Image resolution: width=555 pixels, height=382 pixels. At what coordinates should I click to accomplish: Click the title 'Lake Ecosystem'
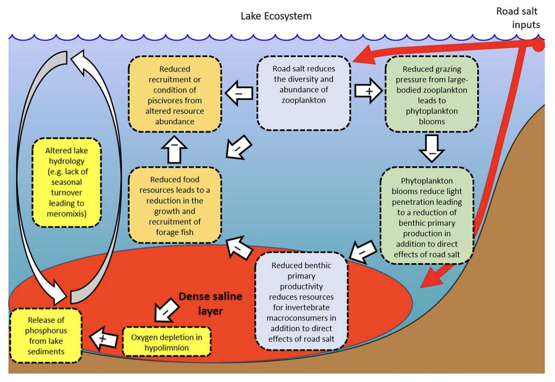[x=276, y=16]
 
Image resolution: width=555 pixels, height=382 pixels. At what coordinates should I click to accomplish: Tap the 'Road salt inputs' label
[x=518, y=18]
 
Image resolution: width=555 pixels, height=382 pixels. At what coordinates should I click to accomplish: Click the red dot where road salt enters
[x=538, y=46]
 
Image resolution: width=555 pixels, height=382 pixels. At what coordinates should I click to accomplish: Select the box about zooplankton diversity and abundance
[x=303, y=93]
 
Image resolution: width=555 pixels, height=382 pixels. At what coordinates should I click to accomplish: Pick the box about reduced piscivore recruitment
[x=175, y=95]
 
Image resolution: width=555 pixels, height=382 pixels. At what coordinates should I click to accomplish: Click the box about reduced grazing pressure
[x=432, y=95]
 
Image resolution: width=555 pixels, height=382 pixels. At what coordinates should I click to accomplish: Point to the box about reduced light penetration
[x=427, y=216]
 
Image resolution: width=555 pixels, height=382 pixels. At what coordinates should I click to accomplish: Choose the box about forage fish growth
[x=175, y=206]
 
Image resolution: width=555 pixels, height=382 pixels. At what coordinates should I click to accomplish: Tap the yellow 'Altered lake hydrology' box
[x=67, y=182]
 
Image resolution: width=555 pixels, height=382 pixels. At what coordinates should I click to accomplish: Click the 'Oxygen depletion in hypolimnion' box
[x=167, y=342]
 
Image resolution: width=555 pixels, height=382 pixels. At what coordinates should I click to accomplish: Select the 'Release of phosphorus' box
[x=46, y=335]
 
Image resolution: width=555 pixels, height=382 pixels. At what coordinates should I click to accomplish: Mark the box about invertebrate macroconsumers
[x=301, y=301]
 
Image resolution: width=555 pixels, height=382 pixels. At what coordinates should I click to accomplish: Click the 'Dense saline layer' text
[x=210, y=303]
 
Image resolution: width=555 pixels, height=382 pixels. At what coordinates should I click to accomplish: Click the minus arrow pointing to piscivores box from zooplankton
[x=239, y=93]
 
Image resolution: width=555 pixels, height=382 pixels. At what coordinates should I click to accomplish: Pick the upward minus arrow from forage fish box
[x=174, y=149]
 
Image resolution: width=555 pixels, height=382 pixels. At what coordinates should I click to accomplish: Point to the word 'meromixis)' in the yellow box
[x=67, y=214]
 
